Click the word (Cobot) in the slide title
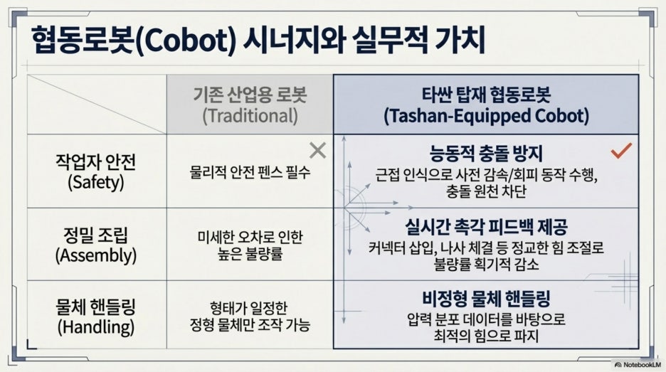[185, 41]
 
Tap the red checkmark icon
[621, 150]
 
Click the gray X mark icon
[318, 150]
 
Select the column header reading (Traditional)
[250, 116]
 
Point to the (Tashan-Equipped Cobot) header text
[486, 116]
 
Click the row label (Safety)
[96, 182]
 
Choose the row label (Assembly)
[96, 255]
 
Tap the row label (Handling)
[96, 327]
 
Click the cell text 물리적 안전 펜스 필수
[250, 172]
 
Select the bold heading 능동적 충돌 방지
[486, 154]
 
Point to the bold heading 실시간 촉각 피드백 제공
[486, 226]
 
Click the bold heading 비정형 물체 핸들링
[486, 299]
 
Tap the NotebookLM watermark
[638, 365]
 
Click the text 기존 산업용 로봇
[250, 95]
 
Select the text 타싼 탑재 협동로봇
[486, 95]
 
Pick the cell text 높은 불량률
[250, 255]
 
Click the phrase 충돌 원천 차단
[486, 191]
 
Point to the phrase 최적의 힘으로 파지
[486, 336]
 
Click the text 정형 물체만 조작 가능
[250, 325]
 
